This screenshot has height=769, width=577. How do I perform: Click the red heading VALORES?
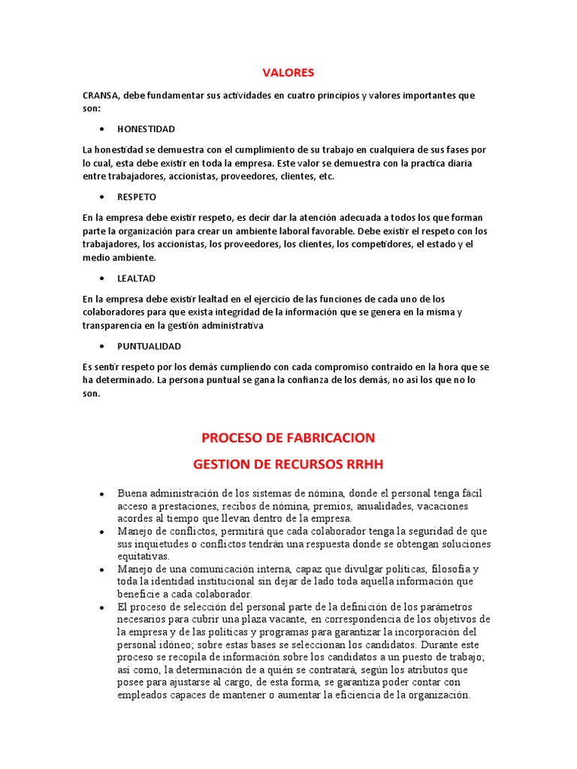click(x=288, y=73)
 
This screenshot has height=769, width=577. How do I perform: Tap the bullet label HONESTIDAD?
click(x=146, y=128)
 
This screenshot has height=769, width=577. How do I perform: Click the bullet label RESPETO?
click(x=137, y=197)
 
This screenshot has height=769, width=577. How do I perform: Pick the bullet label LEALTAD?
click(x=136, y=278)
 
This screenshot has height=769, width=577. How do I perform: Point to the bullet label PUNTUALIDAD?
click(x=149, y=346)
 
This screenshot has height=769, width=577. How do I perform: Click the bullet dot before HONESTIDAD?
click(x=101, y=129)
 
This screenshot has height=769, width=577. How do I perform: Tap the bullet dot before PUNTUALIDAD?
click(x=101, y=347)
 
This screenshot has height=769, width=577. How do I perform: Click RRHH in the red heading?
click(x=364, y=464)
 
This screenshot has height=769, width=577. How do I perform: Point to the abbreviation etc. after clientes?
click(x=326, y=176)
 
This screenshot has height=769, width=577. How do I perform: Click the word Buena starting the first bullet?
click(x=132, y=493)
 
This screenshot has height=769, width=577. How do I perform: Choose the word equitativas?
click(x=143, y=556)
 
